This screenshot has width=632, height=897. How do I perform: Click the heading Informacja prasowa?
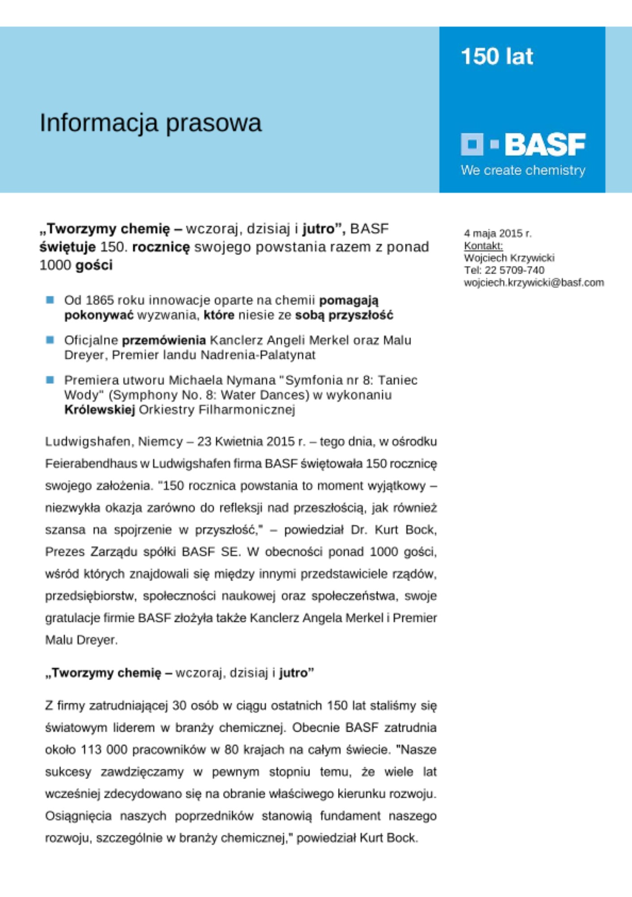150,123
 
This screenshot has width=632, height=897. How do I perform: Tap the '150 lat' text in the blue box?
497,57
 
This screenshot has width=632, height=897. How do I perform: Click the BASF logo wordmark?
545,144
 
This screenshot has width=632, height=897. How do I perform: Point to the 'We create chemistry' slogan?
523,170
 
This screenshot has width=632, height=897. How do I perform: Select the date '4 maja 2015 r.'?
498,233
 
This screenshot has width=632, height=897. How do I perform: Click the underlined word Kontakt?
483,246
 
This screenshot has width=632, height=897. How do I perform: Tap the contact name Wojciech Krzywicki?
509,258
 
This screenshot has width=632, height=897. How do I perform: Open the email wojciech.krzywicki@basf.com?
533,283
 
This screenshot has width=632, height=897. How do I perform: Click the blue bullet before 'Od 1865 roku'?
50,300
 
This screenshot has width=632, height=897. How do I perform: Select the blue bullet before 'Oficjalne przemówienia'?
50,340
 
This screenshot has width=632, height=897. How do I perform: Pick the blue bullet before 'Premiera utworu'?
50,380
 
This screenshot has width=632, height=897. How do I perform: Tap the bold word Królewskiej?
100,409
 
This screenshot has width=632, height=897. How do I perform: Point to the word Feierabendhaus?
91,463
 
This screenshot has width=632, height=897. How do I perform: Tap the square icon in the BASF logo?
472,144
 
